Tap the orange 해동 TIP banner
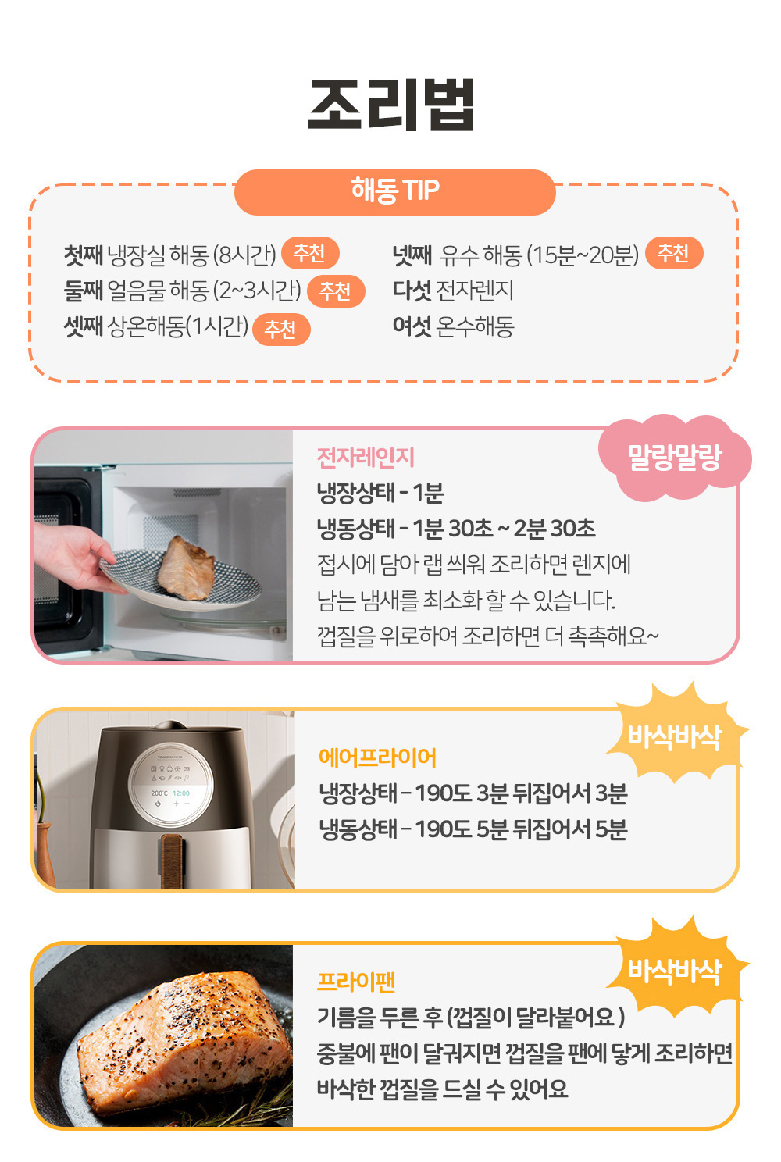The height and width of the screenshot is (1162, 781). tap(395, 192)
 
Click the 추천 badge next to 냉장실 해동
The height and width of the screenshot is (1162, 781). tap(310, 253)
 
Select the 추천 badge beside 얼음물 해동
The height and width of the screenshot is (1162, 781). tap(336, 291)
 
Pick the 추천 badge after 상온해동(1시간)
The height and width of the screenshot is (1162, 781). tap(281, 330)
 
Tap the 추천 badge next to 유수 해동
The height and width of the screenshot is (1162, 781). tap(674, 253)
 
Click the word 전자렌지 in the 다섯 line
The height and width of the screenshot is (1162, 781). tap(475, 290)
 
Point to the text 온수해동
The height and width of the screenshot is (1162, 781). tap(475, 326)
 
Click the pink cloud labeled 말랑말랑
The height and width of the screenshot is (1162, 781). tap(675, 458)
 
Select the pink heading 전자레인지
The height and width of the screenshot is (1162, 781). tap(366, 458)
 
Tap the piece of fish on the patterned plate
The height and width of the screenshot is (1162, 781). tap(185, 569)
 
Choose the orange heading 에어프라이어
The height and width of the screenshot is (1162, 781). tap(377, 758)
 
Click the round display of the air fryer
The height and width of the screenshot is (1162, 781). tap(171, 784)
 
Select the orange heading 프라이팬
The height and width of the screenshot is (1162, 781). tap(356, 982)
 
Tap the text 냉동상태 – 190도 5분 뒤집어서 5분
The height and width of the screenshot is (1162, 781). tap(473, 829)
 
